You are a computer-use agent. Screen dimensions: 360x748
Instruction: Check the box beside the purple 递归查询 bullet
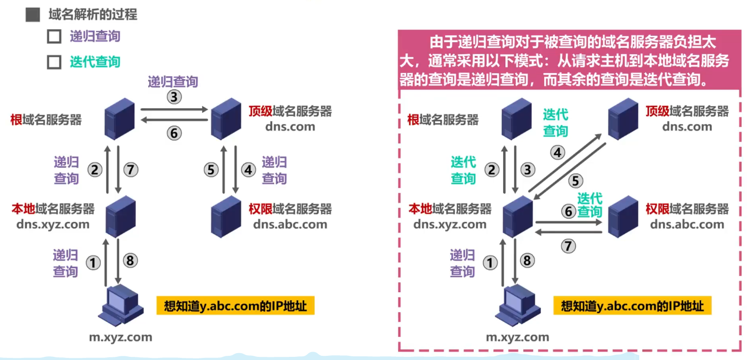[54, 37]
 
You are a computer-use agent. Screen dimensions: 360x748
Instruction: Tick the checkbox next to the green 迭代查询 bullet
[54, 62]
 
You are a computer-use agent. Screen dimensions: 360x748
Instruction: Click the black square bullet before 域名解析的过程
[33, 15]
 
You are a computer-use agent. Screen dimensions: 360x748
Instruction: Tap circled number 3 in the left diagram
[174, 96]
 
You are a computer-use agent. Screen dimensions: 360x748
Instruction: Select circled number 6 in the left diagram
[174, 133]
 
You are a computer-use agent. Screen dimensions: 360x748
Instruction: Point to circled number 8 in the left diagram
[131, 260]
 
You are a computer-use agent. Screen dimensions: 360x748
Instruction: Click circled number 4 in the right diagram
[557, 153]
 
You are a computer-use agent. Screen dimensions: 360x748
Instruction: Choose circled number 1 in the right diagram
[490, 262]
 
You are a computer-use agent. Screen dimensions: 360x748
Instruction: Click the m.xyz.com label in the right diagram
[517, 337]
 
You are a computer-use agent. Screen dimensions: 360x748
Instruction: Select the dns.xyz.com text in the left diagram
[53, 224]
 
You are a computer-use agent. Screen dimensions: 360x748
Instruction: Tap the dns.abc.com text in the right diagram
[687, 224]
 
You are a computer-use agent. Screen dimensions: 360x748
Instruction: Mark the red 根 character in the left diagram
[16, 120]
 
